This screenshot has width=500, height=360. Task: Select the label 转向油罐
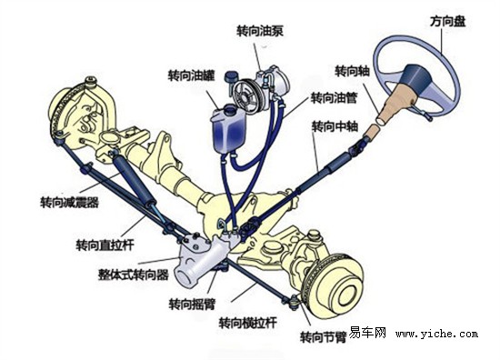coord(192,76)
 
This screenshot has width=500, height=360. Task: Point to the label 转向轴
coord(352,70)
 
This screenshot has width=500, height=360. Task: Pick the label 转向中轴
coord(334,125)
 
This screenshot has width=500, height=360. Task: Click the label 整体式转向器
coord(133,273)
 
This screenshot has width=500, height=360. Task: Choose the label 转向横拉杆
coord(247,323)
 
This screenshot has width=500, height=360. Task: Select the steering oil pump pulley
coord(244,94)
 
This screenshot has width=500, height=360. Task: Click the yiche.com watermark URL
coord(436,334)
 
